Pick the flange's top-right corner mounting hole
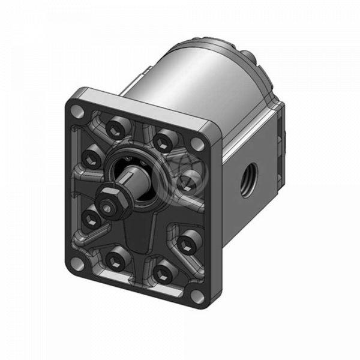[x=196, y=144]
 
